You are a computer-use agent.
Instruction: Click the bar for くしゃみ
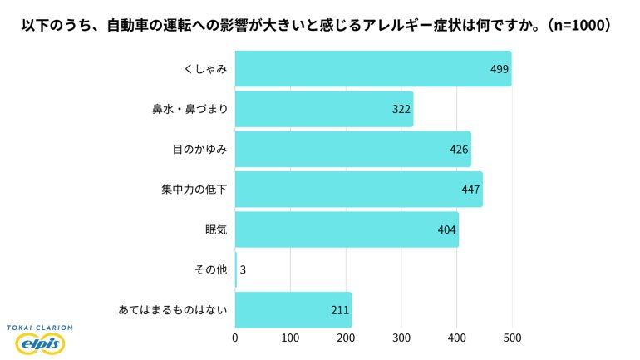(372, 68)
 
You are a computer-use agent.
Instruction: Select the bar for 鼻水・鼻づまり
(324, 109)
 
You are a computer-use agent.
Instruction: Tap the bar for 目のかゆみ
(352, 149)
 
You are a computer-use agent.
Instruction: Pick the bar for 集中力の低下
(358, 190)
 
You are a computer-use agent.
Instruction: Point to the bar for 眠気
(347, 229)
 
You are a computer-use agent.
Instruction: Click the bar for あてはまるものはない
(293, 310)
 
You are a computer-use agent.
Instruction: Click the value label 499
(499, 68)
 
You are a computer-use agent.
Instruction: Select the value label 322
(401, 109)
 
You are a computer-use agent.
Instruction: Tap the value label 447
(470, 190)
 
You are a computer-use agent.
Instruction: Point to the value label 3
(243, 270)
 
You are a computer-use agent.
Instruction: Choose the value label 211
(339, 310)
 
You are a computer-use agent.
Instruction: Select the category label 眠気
(215, 229)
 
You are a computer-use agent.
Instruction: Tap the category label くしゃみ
(205, 68)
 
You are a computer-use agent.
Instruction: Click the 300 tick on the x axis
(401, 338)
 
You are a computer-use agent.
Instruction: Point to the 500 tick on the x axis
(512, 338)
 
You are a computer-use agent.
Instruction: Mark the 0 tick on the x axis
(235, 338)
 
